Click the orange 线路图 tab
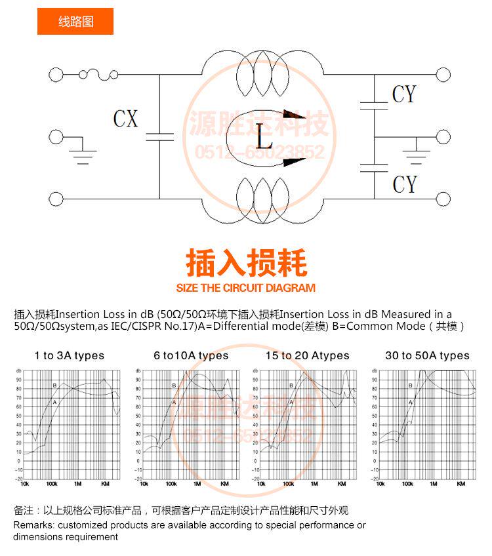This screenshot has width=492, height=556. tap(75, 22)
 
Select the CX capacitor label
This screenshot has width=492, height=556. tap(125, 119)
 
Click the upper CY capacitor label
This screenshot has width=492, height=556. tap(404, 94)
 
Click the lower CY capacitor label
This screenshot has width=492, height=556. tap(404, 184)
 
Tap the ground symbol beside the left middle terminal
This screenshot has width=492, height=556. tap(83, 155)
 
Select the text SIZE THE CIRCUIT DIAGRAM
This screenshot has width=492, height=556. tap(246, 288)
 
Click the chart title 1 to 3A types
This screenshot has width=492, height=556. tap(70, 356)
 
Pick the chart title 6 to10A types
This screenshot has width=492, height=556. tap(191, 356)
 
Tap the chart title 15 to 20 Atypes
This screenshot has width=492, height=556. tap(308, 356)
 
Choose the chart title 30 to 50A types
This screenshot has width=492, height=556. tap(427, 356)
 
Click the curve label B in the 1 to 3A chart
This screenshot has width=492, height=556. tap(54, 386)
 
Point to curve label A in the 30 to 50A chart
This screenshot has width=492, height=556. tap(411, 402)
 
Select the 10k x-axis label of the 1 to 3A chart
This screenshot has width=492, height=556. tap(24, 484)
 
